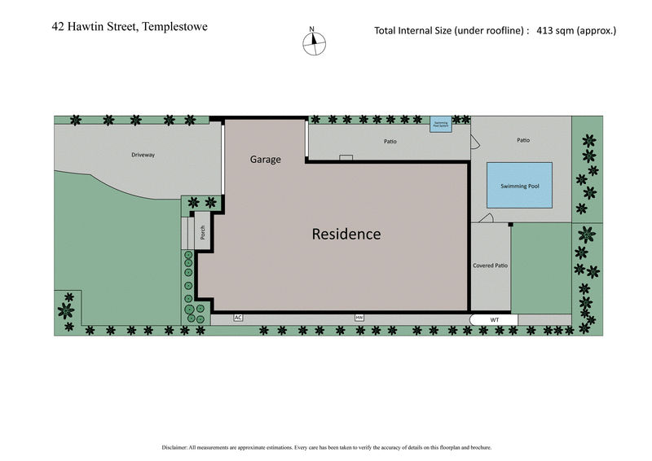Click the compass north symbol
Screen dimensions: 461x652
pyautogui.click(x=314, y=42)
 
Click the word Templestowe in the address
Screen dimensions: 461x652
pyautogui.click(x=175, y=27)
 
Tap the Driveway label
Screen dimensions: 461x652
pyautogui.click(x=143, y=155)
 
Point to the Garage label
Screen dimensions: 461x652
pyautogui.click(x=265, y=160)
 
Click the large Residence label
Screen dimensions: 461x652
pyautogui.click(x=346, y=234)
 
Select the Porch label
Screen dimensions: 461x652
pyautogui.click(x=203, y=234)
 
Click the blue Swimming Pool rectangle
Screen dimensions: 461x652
pyautogui.click(x=519, y=186)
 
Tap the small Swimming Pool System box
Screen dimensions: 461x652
pyautogui.click(x=440, y=125)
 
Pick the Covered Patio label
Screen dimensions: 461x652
pyautogui.click(x=490, y=266)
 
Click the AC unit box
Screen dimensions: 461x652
pyautogui.click(x=239, y=317)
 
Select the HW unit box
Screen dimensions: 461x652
pyautogui.click(x=359, y=317)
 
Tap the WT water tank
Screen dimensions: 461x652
pyautogui.click(x=494, y=320)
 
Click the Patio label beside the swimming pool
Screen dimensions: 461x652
pyautogui.click(x=522, y=140)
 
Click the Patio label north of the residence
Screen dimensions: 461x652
pyautogui.click(x=390, y=142)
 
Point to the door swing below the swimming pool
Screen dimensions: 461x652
pyautogui.click(x=487, y=217)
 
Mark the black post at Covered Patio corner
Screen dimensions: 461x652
pyautogui.click(x=510, y=225)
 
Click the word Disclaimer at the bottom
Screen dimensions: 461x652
pyautogui.click(x=177, y=447)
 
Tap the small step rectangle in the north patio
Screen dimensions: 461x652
pyautogui.click(x=346, y=157)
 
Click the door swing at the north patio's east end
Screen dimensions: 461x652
pyautogui.click(x=474, y=143)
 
